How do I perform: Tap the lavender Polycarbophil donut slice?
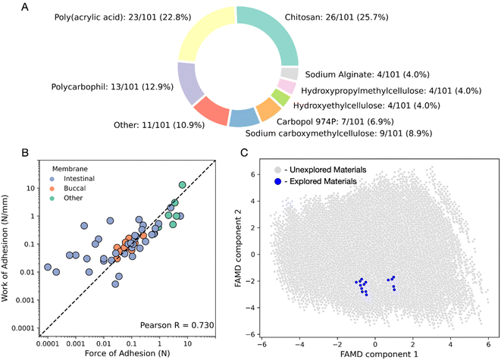tap(188, 83)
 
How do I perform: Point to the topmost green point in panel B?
tap(182, 185)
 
